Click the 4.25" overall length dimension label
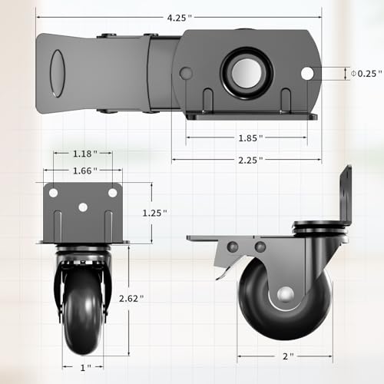pyautogui.click(x=179, y=18)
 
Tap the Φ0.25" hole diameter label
pyautogui.click(x=366, y=74)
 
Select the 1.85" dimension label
pyautogui.click(x=250, y=138)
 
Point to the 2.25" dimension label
pyautogui.click(x=250, y=161)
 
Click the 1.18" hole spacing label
pyautogui.click(x=85, y=154)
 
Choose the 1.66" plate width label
pyautogui.click(x=85, y=170)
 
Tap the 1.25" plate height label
pyautogui.click(x=154, y=213)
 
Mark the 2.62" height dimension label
pyautogui.click(x=131, y=299)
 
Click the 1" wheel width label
pyautogui.click(x=86, y=368)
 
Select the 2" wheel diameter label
pyautogui.click(x=288, y=356)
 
